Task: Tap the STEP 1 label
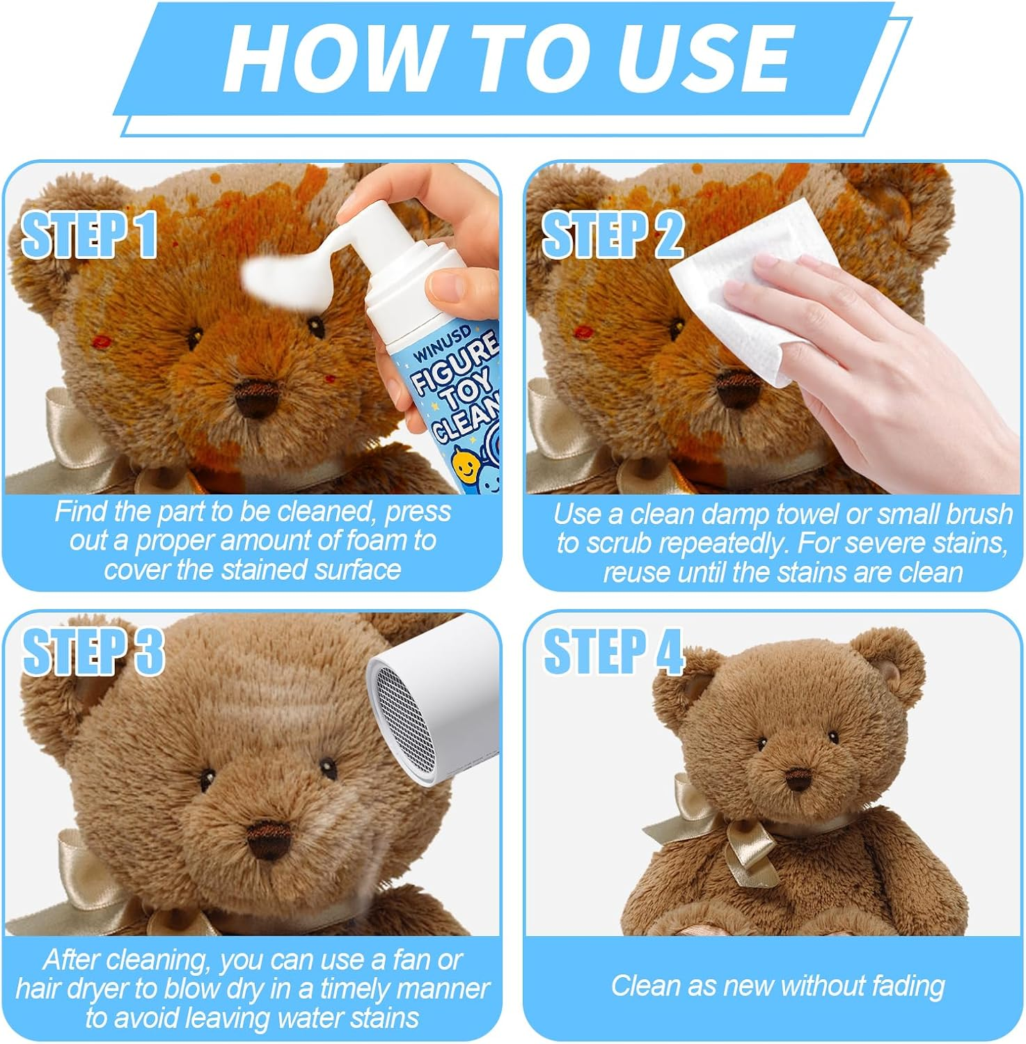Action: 89,235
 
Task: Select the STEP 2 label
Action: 613,235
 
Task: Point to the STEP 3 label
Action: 93,651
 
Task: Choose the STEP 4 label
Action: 613,651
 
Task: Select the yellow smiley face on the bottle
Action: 462,460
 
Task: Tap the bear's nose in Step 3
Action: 267,835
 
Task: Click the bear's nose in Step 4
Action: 797,779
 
